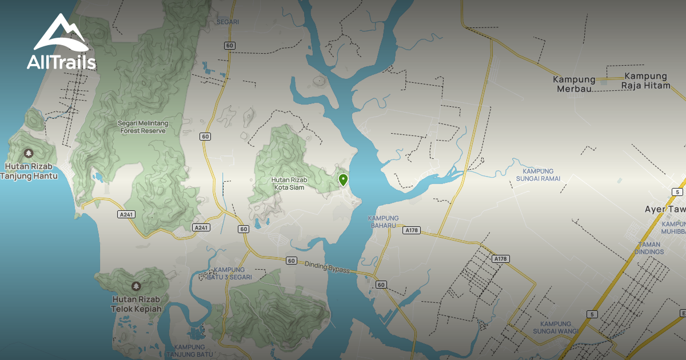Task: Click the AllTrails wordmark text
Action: click(x=61, y=62)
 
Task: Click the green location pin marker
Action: click(x=343, y=180)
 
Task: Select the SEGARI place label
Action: click(x=228, y=22)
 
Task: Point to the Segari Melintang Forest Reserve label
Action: click(x=142, y=127)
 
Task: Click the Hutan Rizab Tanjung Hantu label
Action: click(x=29, y=171)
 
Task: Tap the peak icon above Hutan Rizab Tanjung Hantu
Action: click(x=29, y=153)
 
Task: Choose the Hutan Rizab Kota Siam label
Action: click(x=289, y=183)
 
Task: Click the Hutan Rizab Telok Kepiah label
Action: click(x=137, y=304)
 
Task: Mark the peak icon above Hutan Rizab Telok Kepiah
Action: click(x=136, y=286)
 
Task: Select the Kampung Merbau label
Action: click(x=574, y=83)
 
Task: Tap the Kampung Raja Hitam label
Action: click(x=645, y=80)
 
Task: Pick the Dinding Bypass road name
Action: click(x=326, y=266)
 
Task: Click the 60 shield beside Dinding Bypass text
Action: click(x=292, y=261)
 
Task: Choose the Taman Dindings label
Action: click(x=649, y=248)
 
